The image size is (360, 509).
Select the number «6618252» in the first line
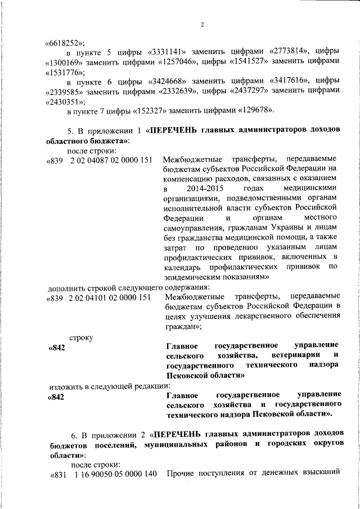64,42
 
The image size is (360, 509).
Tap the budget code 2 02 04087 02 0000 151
111,160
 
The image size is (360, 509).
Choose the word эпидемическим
189,277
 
